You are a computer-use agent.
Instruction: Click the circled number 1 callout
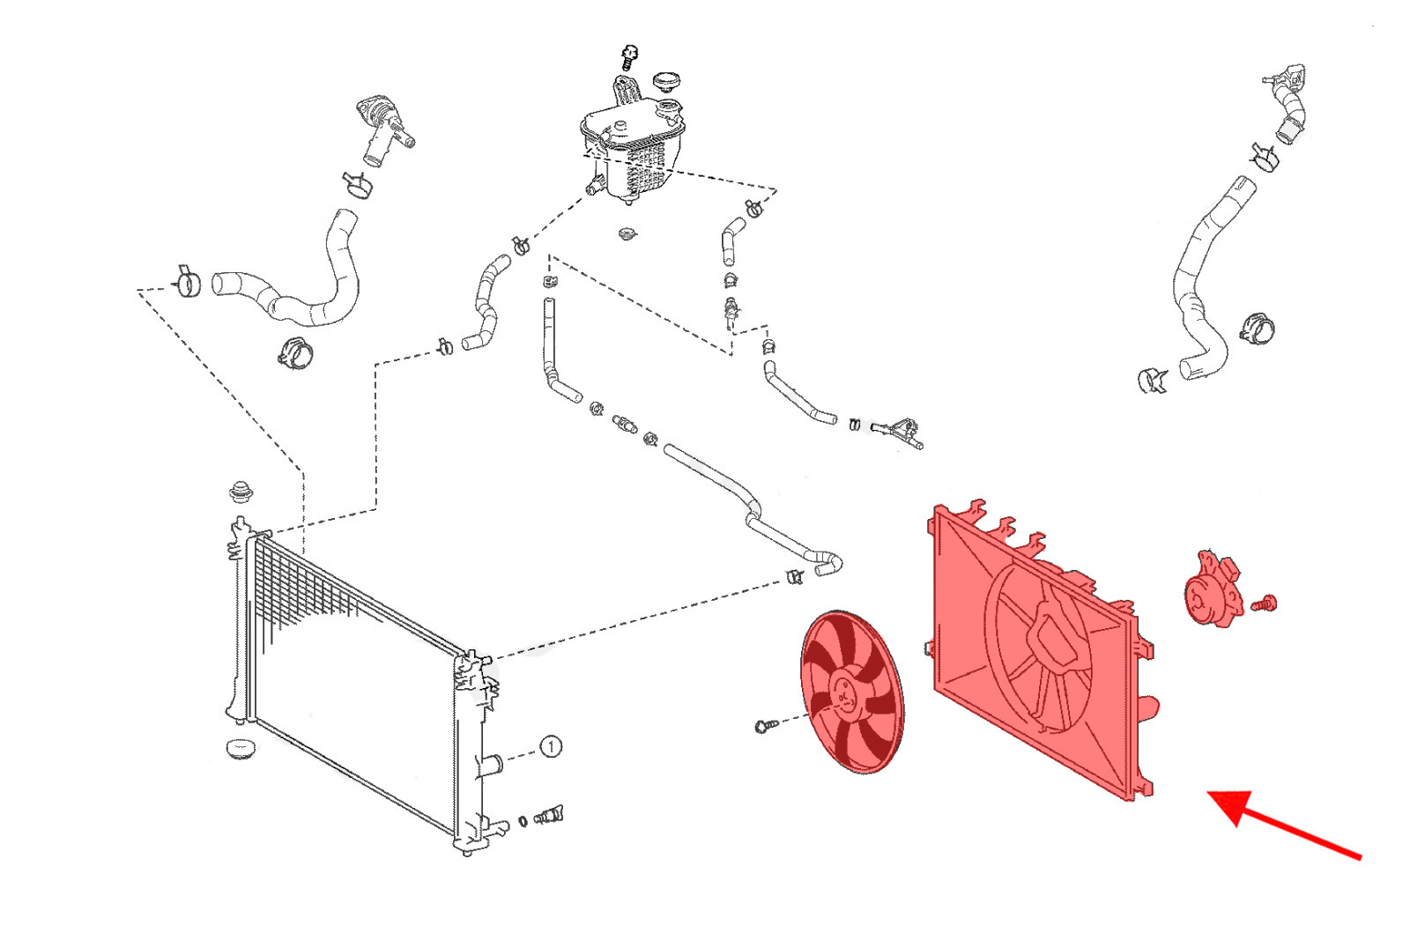click(550, 747)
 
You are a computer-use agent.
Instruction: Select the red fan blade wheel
click(851, 692)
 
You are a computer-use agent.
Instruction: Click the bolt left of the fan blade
click(764, 726)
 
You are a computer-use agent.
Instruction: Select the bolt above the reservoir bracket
click(628, 56)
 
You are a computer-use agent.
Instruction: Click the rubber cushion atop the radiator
click(240, 491)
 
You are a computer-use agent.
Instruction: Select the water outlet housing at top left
click(382, 130)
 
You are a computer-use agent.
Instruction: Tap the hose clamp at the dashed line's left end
click(187, 282)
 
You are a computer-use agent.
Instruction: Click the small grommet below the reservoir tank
click(627, 234)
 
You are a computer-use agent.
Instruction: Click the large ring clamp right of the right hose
click(1257, 329)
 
